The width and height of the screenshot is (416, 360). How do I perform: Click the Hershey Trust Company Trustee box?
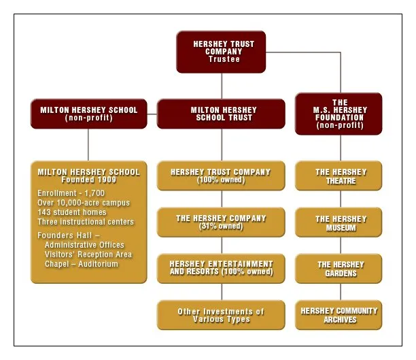(x=221, y=52)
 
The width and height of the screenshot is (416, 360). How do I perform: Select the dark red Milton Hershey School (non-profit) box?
(x=89, y=114)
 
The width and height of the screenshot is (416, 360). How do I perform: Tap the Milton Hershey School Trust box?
(x=221, y=114)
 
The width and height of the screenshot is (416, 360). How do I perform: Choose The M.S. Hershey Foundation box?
(x=339, y=114)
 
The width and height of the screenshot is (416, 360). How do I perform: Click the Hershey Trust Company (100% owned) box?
(x=221, y=176)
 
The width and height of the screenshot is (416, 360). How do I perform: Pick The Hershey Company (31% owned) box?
(x=221, y=222)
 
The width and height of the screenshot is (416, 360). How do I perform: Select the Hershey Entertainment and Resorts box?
(x=221, y=268)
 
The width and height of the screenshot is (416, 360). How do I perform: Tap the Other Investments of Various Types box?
(x=221, y=315)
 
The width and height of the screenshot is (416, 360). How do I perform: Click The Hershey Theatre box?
(x=339, y=176)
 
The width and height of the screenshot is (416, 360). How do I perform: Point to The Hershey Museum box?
(x=339, y=222)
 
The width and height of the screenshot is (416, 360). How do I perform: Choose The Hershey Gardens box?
(x=339, y=268)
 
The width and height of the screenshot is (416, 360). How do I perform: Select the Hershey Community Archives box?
(x=339, y=315)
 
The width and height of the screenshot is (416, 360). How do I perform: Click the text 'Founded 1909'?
(x=89, y=180)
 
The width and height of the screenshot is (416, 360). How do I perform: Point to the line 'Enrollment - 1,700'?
(x=71, y=193)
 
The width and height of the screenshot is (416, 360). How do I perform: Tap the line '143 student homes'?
(x=72, y=212)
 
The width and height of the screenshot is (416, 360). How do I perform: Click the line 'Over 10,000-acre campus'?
(x=84, y=203)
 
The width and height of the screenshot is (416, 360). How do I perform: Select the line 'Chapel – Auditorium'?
(x=82, y=264)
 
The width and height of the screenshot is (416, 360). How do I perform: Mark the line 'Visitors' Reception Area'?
(x=88, y=255)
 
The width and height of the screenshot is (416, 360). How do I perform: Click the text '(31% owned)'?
(x=221, y=227)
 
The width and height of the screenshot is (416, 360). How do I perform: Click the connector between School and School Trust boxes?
(x=152, y=114)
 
